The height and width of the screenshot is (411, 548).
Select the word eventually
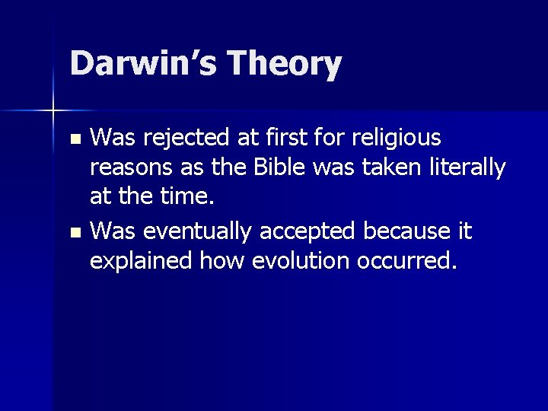[190, 229]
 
